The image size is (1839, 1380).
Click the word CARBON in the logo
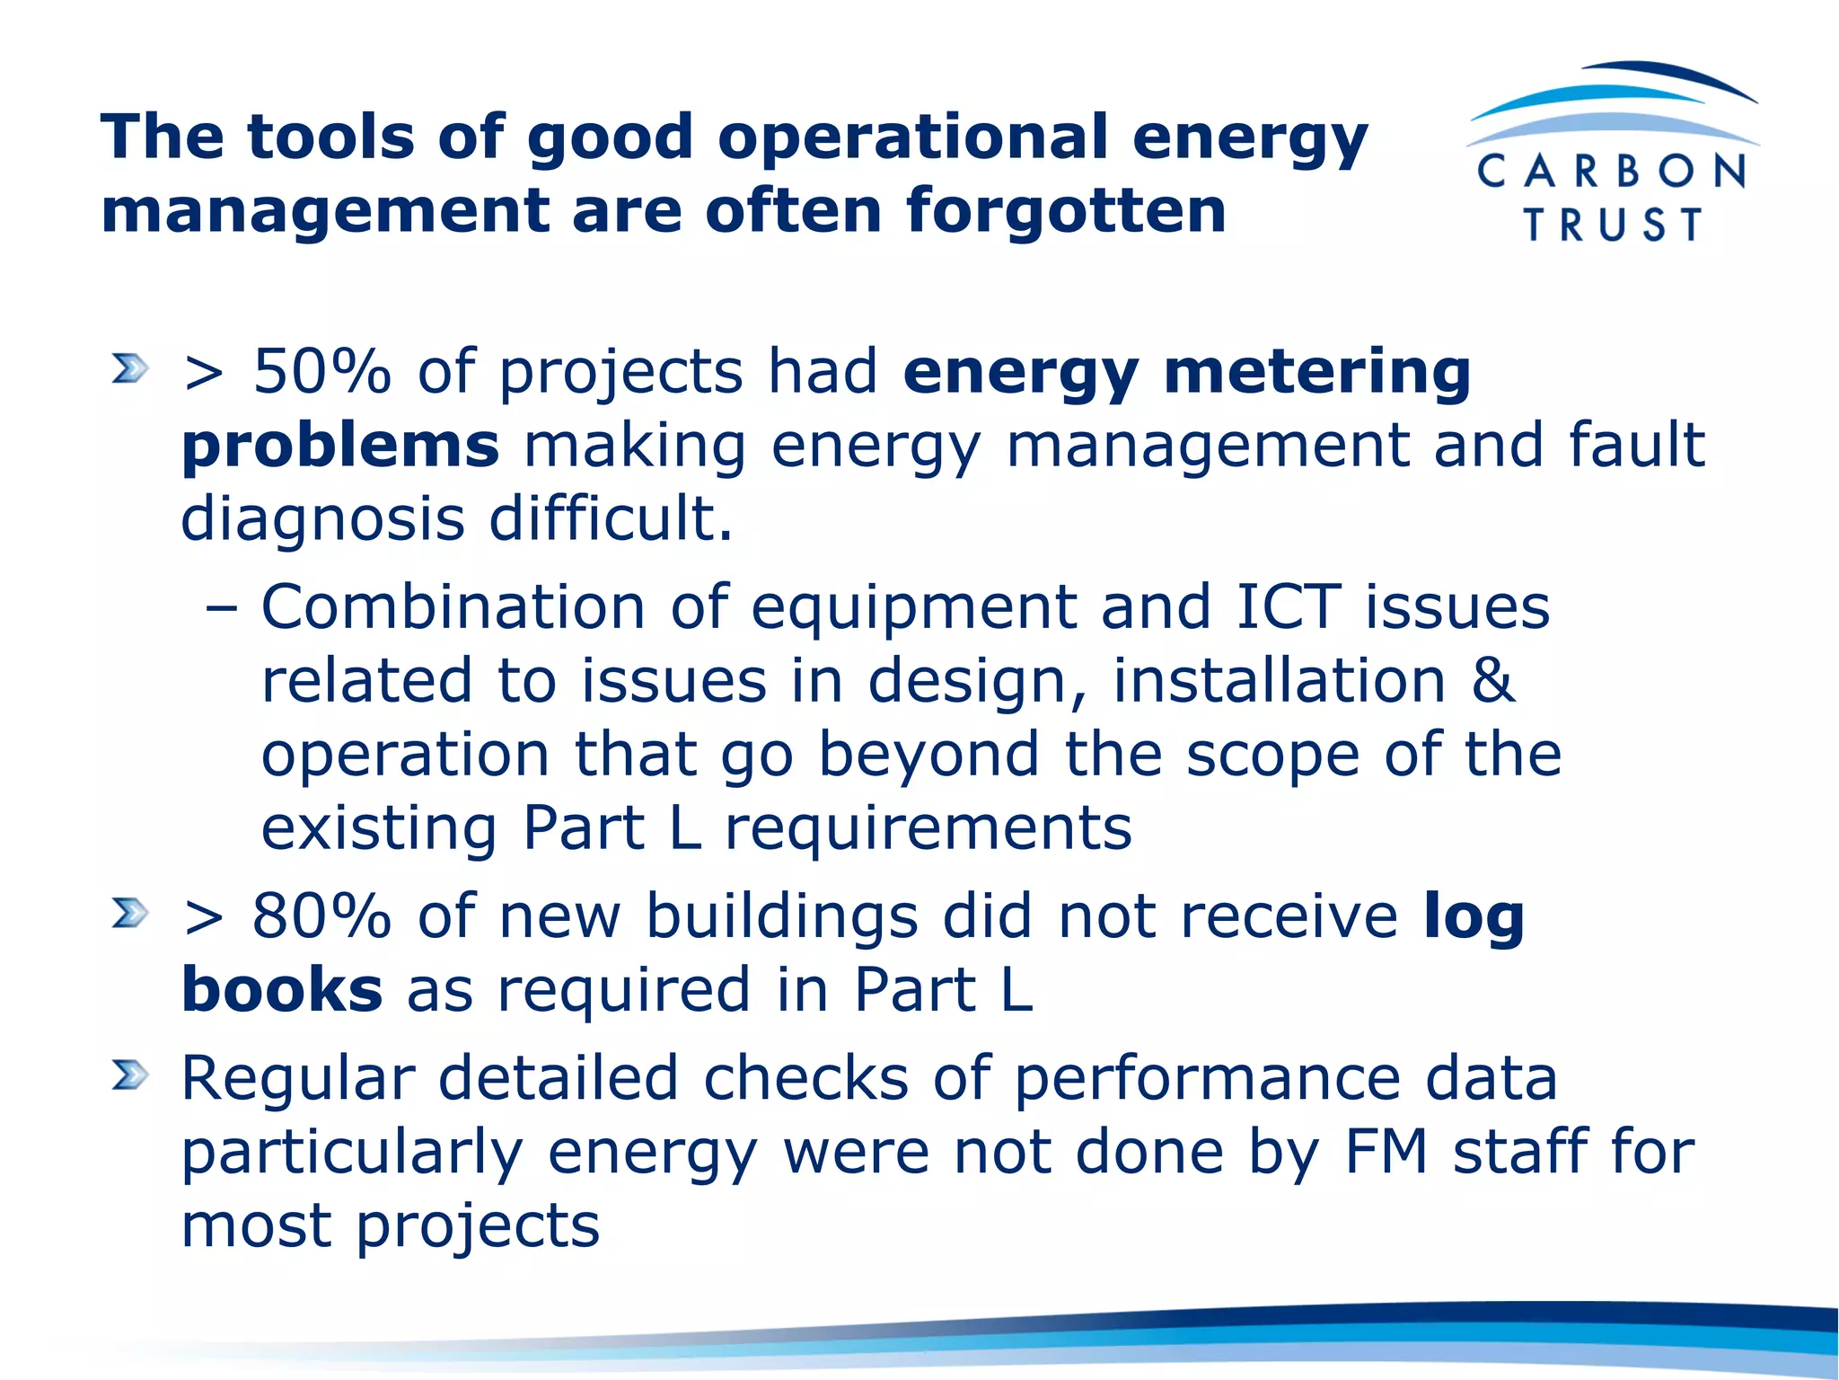point(1612,171)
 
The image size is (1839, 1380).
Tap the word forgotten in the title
point(1066,210)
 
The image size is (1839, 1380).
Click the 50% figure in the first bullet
point(322,371)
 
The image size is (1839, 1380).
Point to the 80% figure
point(321,916)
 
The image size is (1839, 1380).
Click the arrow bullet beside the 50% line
point(129,368)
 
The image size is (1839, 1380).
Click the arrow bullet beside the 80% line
point(129,913)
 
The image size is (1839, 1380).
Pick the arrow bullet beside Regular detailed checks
point(129,1075)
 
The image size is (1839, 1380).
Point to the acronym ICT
point(1288,607)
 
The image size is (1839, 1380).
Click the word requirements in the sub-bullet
point(928,828)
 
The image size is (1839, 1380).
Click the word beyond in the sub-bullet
point(928,755)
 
